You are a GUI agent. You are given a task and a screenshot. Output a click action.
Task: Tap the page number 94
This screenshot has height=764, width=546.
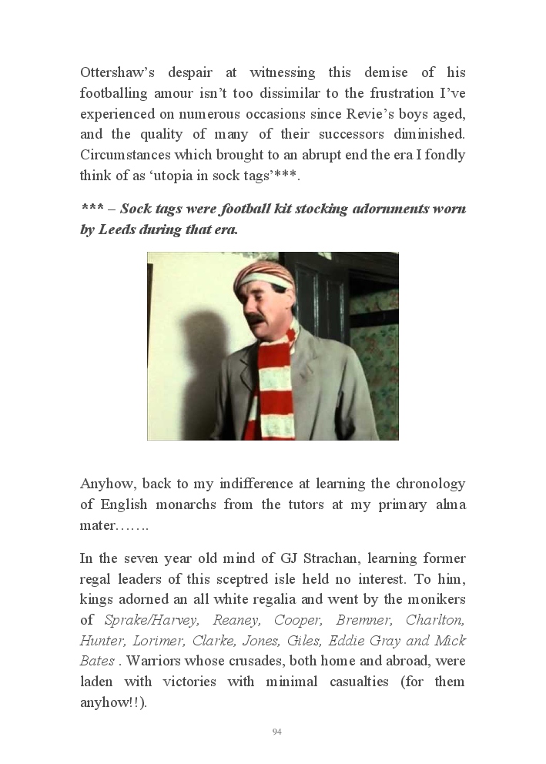pyautogui.click(x=277, y=732)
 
